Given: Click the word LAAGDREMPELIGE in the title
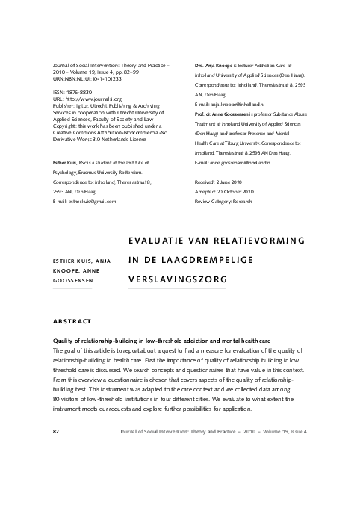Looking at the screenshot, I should point(208,259).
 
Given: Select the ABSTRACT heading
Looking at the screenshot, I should point(72,320).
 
